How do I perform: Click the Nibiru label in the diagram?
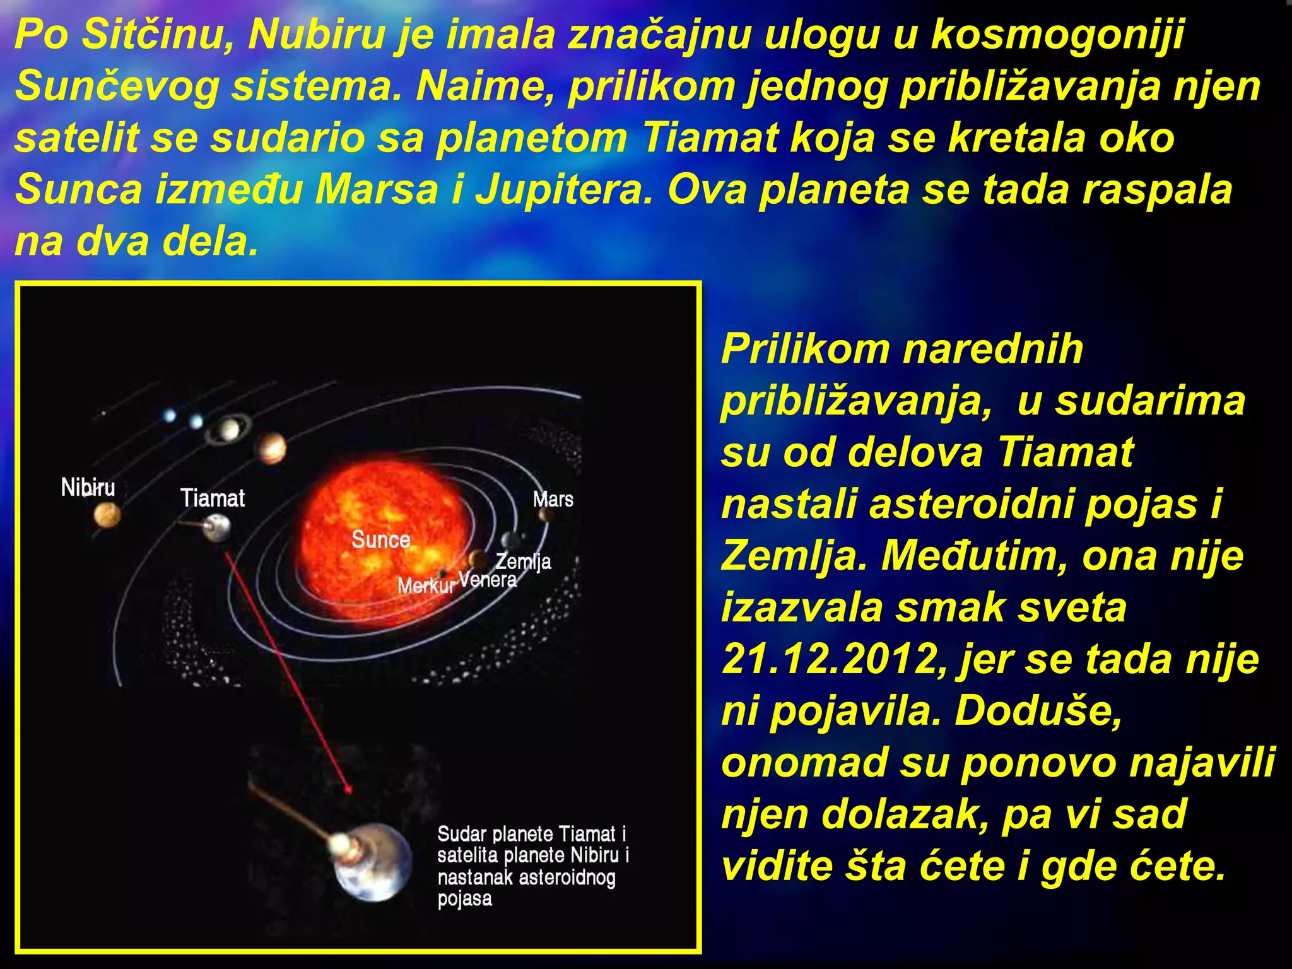coord(88,488)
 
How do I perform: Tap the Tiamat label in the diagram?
coord(213,498)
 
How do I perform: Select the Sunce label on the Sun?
coord(381,540)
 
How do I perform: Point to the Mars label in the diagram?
coord(553,500)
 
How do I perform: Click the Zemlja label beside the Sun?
coord(524,561)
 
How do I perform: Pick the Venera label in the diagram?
coord(487,580)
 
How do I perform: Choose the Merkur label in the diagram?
coord(426,586)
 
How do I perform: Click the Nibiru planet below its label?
coord(107,516)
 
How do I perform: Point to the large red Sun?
coord(385,530)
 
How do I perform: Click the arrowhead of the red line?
coord(347,789)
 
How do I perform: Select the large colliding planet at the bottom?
coord(372,861)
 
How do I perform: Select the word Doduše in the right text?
coord(1038,711)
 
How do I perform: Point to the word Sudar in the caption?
coord(462,834)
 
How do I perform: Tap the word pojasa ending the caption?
coord(465,898)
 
